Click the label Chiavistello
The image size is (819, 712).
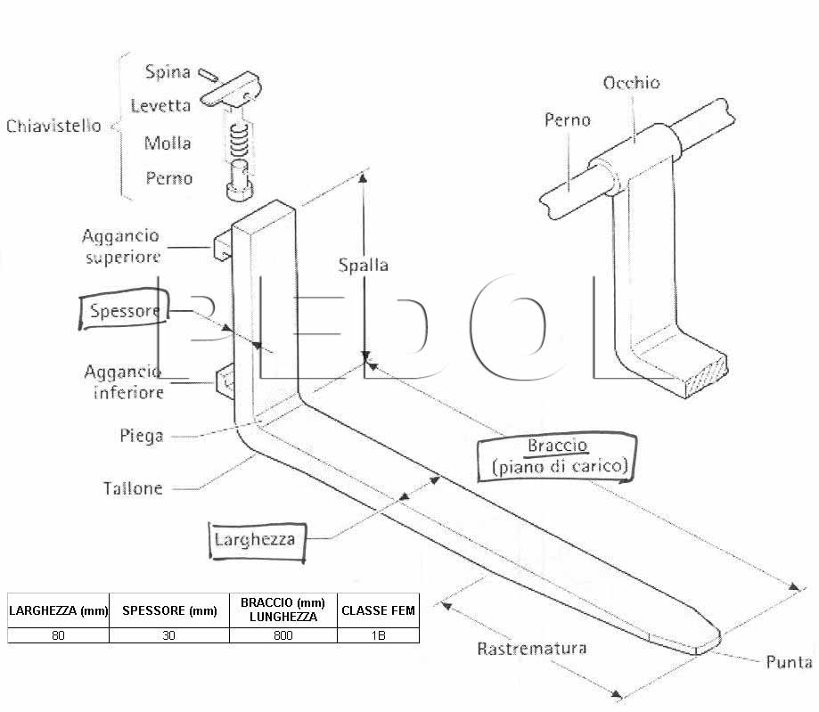[53, 126]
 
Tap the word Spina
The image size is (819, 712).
[168, 72]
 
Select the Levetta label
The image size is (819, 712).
[160, 106]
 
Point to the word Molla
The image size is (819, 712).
[168, 143]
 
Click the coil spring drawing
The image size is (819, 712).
[239, 141]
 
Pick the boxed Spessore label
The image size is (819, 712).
[124, 309]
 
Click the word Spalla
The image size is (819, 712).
[363, 266]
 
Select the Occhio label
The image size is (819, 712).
[631, 83]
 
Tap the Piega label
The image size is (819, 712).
[142, 436]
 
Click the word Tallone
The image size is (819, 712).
[133, 488]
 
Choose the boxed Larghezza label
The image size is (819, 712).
[257, 541]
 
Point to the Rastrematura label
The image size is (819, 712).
[532, 649]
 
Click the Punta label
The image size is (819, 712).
[789, 662]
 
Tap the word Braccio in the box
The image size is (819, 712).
[557, 446]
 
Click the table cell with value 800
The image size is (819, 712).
[283, 635]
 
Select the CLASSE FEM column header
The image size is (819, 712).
[378, 610]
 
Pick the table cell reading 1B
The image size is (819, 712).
[378, 635]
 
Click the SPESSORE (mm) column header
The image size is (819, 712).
[169, 610]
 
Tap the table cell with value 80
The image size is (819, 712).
[58, 635]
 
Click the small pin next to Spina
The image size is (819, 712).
[208, 75]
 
